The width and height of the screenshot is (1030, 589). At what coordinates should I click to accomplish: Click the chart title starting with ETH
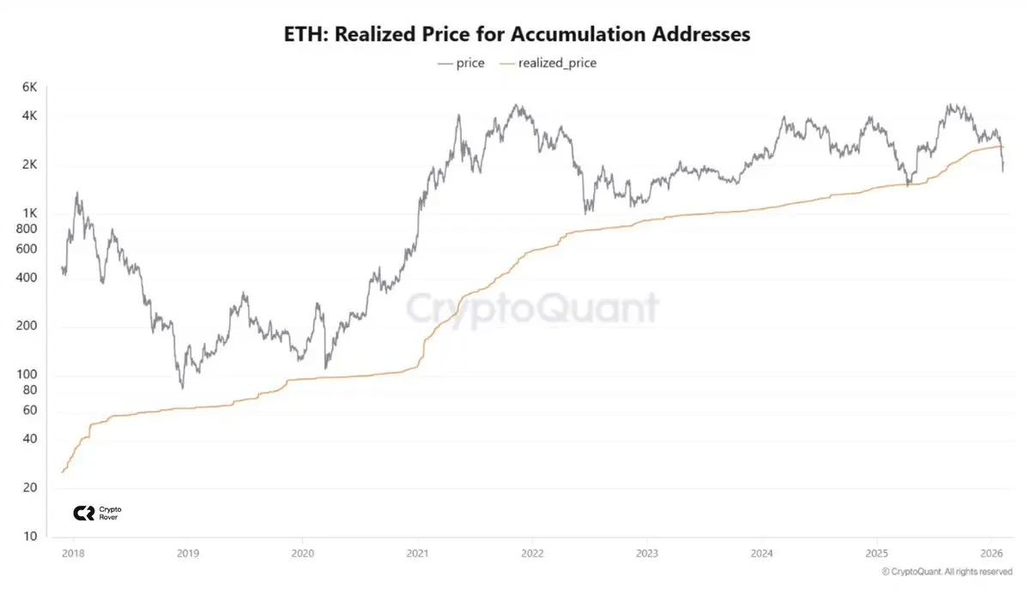pos(517,34)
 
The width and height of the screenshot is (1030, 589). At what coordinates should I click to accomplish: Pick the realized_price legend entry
pos(549,63)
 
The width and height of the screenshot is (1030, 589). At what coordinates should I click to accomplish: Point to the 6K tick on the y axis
pos(29,87)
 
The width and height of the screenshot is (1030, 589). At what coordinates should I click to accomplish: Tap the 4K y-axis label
pos(29,116)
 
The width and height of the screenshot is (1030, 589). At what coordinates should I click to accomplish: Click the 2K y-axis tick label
pos(29,165)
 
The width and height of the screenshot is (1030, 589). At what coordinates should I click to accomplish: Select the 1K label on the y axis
pos(29,213)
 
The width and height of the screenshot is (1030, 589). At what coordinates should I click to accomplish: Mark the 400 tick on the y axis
pos(27,278)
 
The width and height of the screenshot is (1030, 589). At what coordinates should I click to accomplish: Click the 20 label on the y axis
pos(29,488)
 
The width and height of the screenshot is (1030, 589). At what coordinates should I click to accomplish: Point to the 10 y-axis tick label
pos(29,537)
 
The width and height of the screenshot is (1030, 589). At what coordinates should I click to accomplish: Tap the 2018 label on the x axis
pos(73,553)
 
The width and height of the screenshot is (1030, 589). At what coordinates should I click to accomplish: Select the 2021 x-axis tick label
pos(417,553)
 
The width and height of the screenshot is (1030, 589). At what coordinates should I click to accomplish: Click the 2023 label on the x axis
pos(647,553)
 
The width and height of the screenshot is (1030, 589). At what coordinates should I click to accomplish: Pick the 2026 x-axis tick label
pos(991,553)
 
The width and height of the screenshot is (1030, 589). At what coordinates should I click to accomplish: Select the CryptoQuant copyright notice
pos(947,571)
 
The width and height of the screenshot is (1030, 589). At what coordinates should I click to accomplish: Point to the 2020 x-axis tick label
pos(302,553)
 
